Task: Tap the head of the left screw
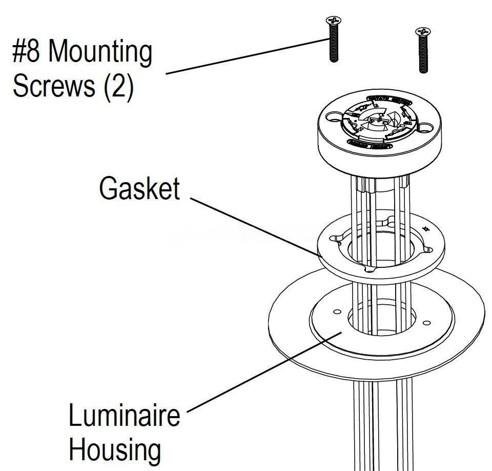[x=333, y=21]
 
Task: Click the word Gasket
[x=139, y=188]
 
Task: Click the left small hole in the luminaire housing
[x=337, y=312]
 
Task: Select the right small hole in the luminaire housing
[x=426, y=323]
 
